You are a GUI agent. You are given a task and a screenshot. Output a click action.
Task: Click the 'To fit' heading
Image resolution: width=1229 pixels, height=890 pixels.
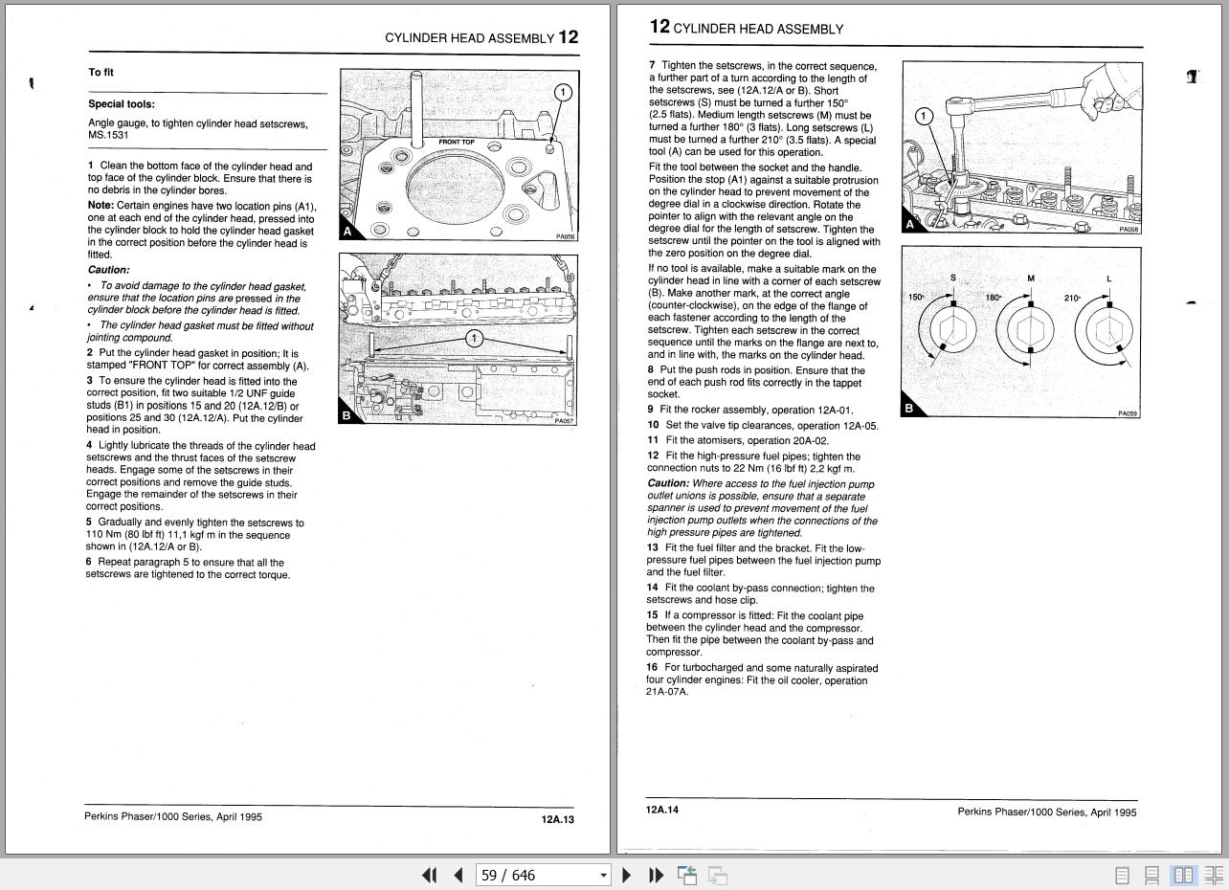pyautogui.click(x=101, y=73)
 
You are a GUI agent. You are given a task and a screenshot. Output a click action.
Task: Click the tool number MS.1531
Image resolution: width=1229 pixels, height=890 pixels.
pyautogui.click(x=108, y=136)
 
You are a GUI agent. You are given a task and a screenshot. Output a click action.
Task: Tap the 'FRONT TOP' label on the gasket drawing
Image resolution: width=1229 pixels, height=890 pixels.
pyautogui.click(x=457, y=143)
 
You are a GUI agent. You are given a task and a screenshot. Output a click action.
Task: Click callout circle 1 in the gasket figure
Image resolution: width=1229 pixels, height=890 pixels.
pyautogui.click(x=563, y=93)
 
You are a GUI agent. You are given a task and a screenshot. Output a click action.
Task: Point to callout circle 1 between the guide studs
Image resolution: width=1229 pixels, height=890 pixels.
pyautogui.click(x=474, y=339)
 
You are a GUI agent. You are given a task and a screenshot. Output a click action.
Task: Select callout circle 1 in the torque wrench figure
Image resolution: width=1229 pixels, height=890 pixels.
pyautogui.click(x=924, y=117)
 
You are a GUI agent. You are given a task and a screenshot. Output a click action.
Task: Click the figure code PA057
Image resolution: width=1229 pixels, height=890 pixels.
pyautogui.click(x=564, y=421)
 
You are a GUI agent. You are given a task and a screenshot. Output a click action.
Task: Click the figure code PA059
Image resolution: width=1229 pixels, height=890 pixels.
pyautogui.click(x=1128, y=413)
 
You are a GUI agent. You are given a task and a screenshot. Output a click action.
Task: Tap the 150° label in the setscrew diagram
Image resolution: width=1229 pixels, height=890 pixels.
pyautogui.click(x=916, y=298)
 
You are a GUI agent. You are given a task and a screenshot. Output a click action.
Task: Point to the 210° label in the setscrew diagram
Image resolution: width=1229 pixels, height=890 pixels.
pyautogui.click(x=1072, y=299)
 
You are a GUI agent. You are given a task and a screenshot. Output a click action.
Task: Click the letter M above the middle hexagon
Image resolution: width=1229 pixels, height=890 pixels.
pyautogui.click(x=1031, y=278)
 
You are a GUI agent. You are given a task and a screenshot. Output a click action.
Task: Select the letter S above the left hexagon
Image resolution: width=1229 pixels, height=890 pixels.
pyautogui.click(x=953, y=278)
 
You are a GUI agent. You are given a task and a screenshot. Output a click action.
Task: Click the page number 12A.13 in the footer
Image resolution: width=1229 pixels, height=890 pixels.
pyautogui.click(x=557, y=819)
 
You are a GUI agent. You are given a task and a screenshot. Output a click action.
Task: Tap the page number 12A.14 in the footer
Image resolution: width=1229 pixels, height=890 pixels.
pyautogui.click(x=662, y=811)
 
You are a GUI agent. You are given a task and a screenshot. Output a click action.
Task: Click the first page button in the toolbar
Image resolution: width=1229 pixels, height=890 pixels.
pyautogui.click(x=430, y=875)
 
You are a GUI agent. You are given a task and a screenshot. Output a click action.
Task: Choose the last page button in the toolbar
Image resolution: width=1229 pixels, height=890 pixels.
pyautogui.click(x=656, y=875)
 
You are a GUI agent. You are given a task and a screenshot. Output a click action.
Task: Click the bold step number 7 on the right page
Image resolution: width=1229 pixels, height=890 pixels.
pyautogui.click(x=652, y=66)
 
